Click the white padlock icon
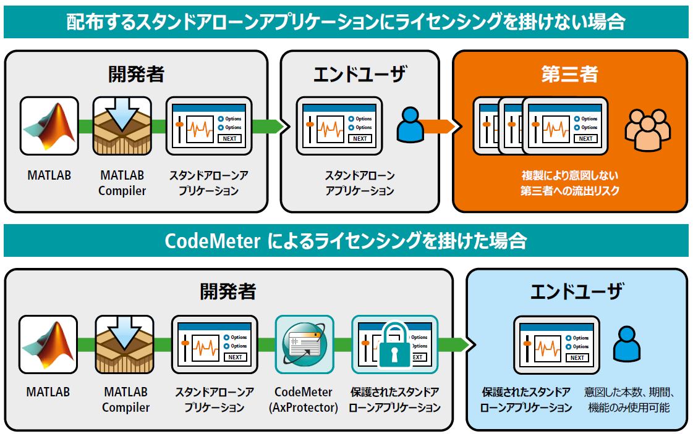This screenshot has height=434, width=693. pos(394,345)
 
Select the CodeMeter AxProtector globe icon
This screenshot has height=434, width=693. pos(304,344)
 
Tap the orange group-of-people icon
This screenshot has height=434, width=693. pos(647,129)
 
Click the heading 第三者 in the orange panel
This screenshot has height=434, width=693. pos(569,74)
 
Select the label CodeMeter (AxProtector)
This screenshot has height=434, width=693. pos(303,400)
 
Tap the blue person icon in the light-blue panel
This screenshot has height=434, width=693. pos(627,344)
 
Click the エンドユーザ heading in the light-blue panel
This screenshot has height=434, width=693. pos(576,291)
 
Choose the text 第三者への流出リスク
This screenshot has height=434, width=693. pos(569,191)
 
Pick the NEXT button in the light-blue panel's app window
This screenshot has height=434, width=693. pos(577,357)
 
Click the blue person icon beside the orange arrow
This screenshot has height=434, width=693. pos(409,124)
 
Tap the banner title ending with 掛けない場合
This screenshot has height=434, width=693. pos(346,22)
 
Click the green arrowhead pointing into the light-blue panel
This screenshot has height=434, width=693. pos(467,344)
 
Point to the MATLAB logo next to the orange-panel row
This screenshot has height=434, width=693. pos(49,125)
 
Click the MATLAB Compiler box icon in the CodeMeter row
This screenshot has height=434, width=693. pos(125,344)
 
